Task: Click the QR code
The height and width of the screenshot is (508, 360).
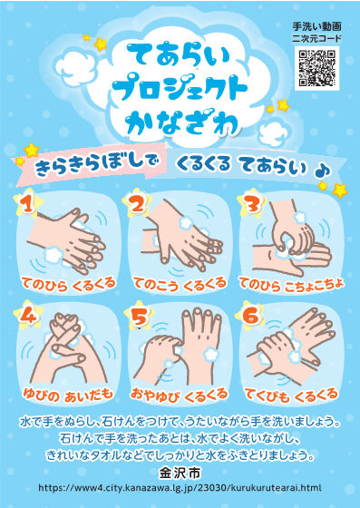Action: click(317, 68)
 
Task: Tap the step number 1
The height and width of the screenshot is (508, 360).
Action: click(28, 204)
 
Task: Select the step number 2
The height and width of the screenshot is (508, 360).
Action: click(138, 205)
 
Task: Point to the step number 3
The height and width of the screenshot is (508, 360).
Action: click(251, 204)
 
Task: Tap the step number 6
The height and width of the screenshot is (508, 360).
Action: click(251, 316)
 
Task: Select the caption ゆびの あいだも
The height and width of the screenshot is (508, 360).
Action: click(68, 395)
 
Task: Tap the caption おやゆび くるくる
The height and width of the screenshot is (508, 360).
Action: click(179, 395)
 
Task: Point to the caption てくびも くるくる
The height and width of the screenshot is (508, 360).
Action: click(291, 395)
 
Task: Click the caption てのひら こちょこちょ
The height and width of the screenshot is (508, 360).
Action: click(291, 285)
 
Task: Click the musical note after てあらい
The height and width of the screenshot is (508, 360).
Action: click(322, 171)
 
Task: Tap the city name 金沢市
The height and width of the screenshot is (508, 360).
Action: click(180, 474)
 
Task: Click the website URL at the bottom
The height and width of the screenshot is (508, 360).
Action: click(180, 488)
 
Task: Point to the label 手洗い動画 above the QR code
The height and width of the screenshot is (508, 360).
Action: click(316, 26)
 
